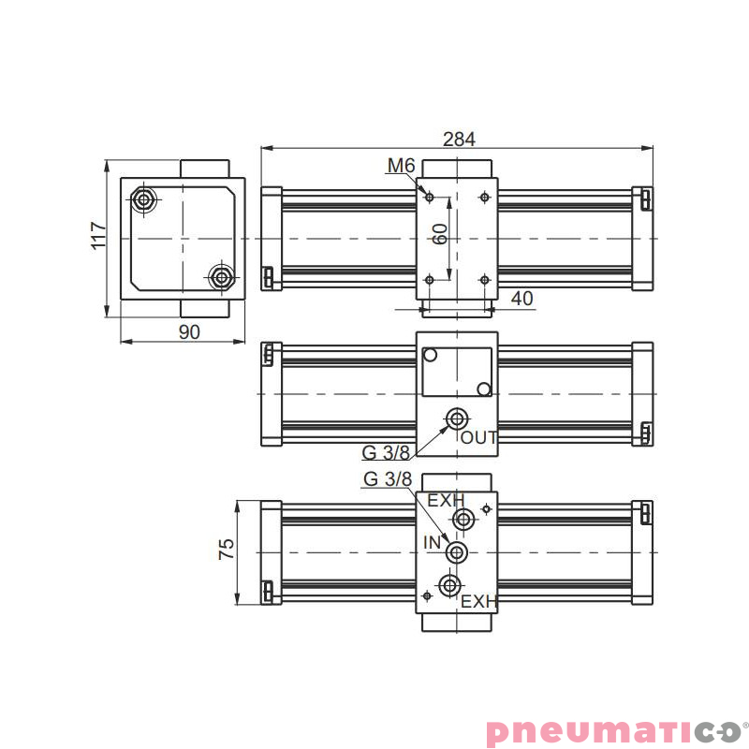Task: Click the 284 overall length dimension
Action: pos(459,139)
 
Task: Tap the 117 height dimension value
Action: pos(98,236)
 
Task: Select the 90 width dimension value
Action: pos(189,332)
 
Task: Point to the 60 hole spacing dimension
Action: pos(440,234)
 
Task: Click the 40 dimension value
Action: pos(521,299)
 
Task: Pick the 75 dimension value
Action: pos(227,549)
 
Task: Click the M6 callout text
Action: pos(402,166)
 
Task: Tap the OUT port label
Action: pos(479,437)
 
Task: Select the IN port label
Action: pos(432,543)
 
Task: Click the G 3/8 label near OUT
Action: pos(386,453)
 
